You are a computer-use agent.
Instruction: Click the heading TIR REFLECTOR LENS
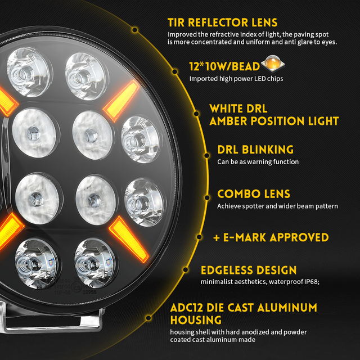pos(222,22)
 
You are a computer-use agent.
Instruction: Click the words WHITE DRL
pos(238,109)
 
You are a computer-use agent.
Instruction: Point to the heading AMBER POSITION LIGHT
pos(274,121)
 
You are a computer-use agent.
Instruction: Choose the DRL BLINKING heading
pos(255,150)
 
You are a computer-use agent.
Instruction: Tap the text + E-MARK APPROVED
pos(271,237)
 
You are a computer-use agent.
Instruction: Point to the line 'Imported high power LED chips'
pos(236,79)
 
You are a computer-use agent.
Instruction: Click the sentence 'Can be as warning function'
pos(258,162)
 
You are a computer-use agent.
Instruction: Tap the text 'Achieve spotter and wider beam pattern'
pos(277,206)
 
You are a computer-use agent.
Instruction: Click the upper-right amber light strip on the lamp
pos(121,100)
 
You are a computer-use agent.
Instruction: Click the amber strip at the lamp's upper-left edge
pos(8,101)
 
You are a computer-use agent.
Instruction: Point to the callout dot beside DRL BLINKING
pos(204,150)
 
